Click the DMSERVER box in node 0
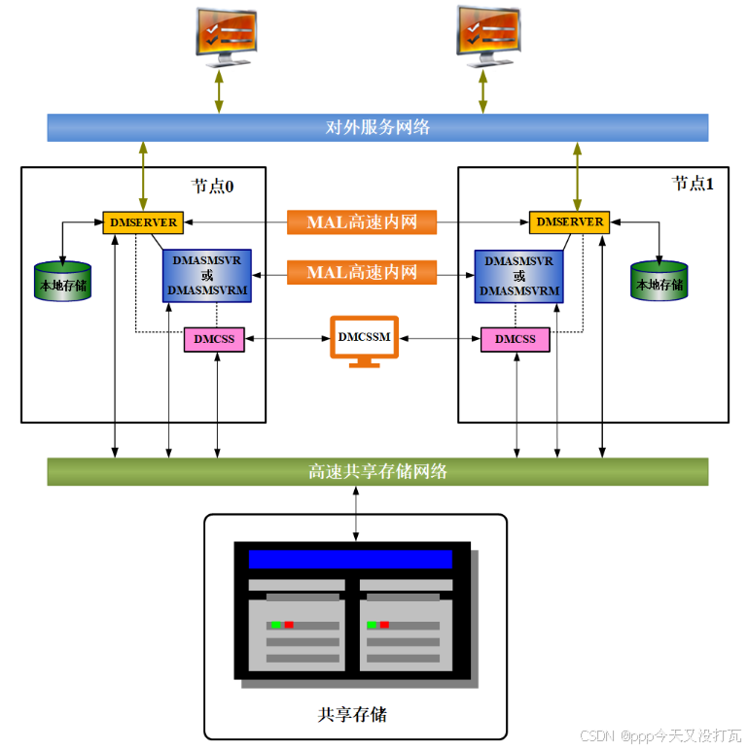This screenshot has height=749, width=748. [x=143, y=222]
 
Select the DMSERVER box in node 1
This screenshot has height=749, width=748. [x=569, y=222]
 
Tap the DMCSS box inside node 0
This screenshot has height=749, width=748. [x=214, y=339]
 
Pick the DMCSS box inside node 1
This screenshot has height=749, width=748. [x=515, y=339]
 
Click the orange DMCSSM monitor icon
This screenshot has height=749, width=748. [x=364, y=339]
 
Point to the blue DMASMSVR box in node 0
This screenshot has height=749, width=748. [x=207, y=276]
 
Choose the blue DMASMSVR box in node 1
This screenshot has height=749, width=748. [x=519, y=276]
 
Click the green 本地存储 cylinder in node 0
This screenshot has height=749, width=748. [x=62, y=281]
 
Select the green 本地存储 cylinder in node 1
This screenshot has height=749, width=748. [x=659, y=281]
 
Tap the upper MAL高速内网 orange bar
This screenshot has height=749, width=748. [x=362, y=222]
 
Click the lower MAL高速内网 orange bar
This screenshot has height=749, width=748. [x=362, y=272]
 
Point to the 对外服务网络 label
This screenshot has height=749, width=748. [x=377, y=127]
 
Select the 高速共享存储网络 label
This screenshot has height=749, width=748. [x=377, y=472]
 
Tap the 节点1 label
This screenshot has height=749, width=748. [x=693, y=184]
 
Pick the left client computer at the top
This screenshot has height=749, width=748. [x=225, y=35]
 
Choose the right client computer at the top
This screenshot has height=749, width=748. [x=486, y=33]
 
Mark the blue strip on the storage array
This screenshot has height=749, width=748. [x=350, y=560]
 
